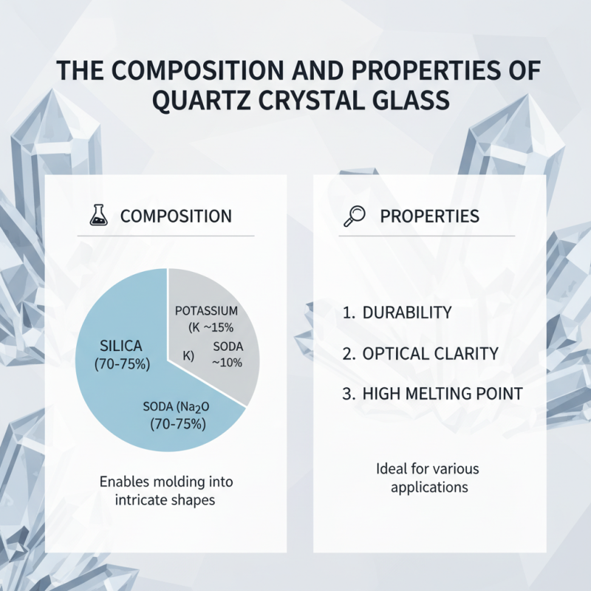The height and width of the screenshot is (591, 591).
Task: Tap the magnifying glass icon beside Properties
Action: click(x=355, y=216)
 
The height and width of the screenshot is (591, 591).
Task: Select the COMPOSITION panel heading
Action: click(x=176, y=216)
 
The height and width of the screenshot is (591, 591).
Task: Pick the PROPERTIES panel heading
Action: click(x=429, y=216)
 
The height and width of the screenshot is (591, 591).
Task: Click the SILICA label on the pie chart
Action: click(x=122, y=345)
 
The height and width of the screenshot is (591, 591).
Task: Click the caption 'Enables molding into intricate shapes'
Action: click(x=165, y=491)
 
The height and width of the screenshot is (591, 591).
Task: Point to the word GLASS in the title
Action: click(x=400, y=100)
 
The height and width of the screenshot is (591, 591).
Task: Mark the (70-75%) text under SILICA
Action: click(x=122, y=363)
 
